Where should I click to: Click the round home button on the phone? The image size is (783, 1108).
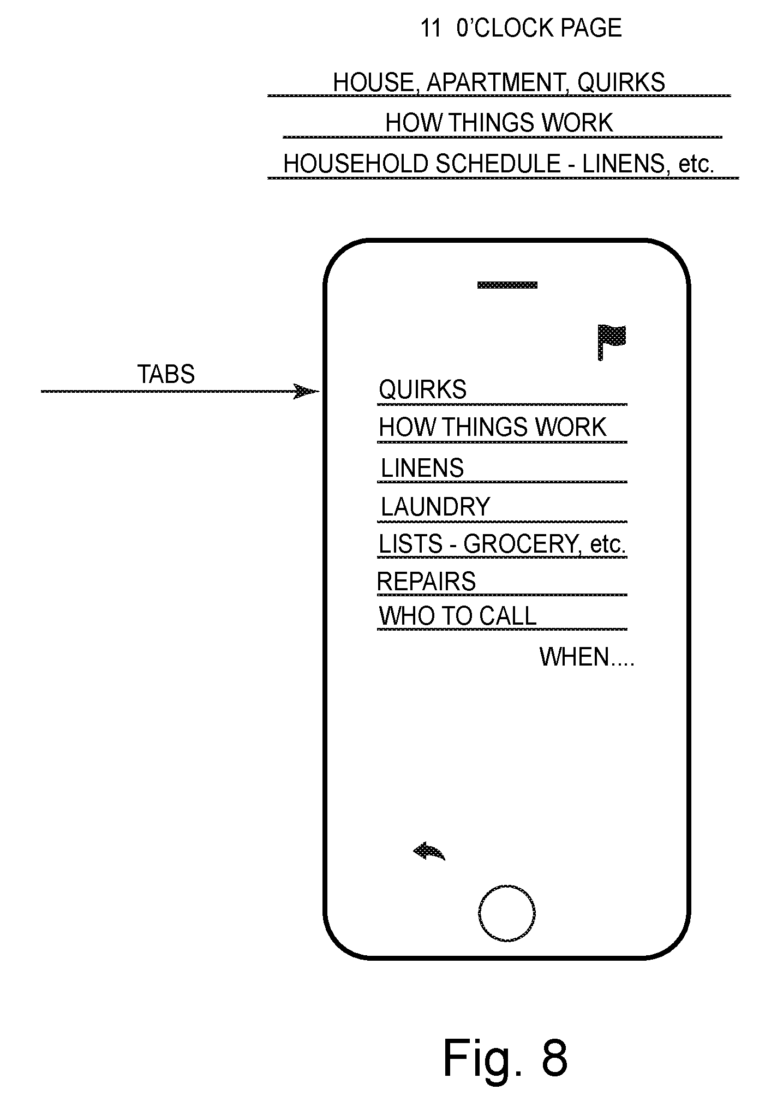click(506, 913)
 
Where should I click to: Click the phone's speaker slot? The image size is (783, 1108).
click(507, 285)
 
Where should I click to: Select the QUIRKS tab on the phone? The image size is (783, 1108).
click(423, 390)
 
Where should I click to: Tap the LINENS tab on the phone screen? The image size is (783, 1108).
click(422, 468)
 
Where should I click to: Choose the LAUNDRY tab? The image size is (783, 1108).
click(435, 507)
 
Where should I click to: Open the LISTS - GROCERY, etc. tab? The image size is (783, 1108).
click(502, 544)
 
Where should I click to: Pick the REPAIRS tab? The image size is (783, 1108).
click(427, 582)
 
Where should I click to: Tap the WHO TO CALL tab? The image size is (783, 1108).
click(458, 616)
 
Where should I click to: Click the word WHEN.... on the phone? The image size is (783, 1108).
click(587, 657)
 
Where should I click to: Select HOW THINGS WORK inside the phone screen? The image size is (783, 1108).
click(493, 427)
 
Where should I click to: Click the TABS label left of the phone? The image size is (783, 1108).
click(166, 375)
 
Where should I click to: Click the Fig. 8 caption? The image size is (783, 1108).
click(505, 1057)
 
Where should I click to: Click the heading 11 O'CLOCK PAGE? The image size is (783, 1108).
click(521, 28)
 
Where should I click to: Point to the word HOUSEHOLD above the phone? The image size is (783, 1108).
click(356, 164)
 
